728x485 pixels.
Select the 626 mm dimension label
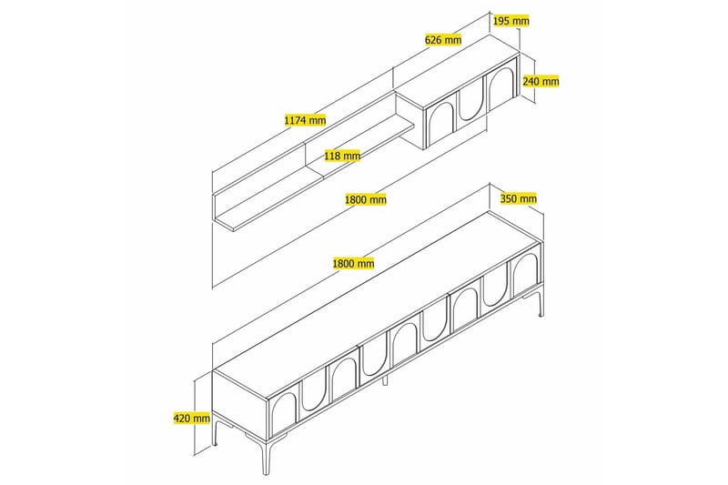[443, 40]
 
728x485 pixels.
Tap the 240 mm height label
[541, 81]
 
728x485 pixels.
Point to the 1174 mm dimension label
[305, 120]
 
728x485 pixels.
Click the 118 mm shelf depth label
[342, 156]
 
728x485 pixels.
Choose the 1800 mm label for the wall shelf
[366, 199]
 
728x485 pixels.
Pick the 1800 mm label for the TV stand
[354, 263]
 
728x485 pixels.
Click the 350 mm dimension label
[519, 198]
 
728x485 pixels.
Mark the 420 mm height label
[191, 419]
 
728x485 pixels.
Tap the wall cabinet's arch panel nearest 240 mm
[500, 87]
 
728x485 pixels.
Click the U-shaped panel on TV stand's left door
[314, 386]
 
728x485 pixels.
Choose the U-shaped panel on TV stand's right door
[495, 287]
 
